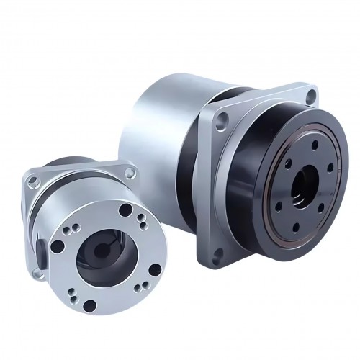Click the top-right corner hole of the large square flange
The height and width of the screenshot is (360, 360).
[x=310, y=94]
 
